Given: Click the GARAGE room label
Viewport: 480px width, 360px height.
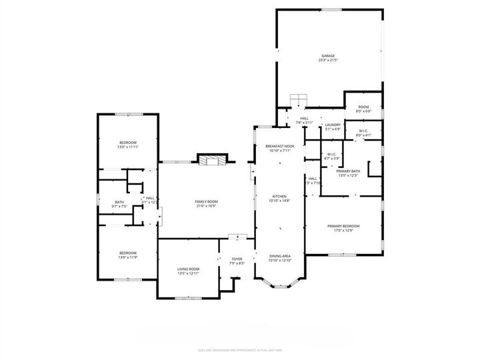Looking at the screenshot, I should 327,56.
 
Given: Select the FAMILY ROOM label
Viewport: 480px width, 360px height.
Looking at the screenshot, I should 205,201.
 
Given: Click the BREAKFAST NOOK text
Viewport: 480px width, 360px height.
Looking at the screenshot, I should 279,146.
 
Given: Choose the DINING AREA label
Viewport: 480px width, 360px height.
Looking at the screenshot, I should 280,257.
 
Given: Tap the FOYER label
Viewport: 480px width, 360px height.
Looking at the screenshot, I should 237,259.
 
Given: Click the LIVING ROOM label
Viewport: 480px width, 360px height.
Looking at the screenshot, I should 189,269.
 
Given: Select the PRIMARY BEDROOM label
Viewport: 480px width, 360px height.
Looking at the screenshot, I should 343,226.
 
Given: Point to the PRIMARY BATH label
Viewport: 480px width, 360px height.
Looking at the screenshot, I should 348,171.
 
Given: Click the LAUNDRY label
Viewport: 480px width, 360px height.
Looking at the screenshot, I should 332,125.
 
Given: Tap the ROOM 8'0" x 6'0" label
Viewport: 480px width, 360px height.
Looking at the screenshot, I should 363,107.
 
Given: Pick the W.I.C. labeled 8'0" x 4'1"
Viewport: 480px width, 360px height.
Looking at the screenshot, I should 363,131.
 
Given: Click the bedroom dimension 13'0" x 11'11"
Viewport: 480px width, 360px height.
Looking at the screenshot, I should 128,147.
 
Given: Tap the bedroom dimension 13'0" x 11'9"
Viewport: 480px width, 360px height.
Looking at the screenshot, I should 128,257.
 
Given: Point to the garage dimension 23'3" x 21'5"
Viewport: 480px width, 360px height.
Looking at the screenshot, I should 327,61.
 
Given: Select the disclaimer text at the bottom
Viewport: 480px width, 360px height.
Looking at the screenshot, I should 239,348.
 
